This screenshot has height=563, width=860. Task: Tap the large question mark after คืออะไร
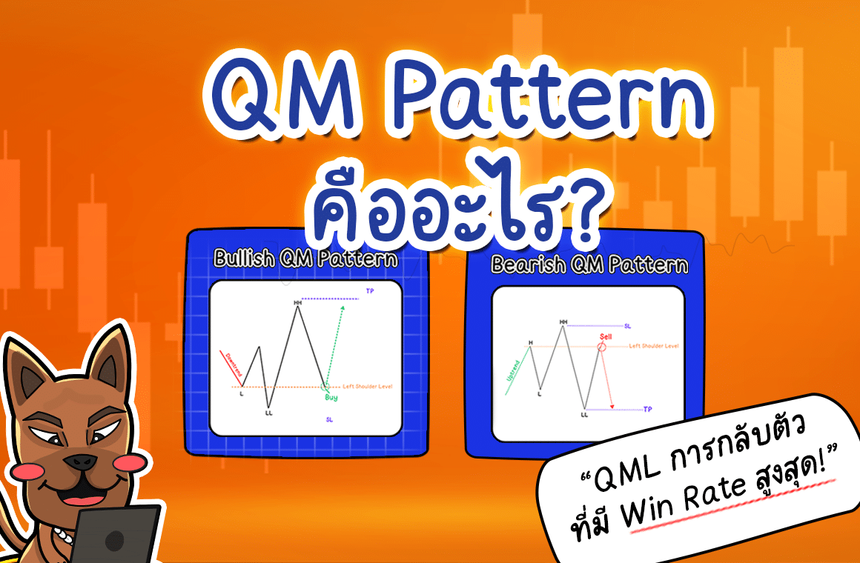[577, 215]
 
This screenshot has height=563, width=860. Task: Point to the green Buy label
[331, 398]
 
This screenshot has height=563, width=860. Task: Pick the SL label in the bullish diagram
[328, 419]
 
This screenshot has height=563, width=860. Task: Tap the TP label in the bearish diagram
[647, 409]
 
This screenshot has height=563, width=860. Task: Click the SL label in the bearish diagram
[628, 325]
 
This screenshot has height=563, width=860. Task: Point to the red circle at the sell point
[602, 346]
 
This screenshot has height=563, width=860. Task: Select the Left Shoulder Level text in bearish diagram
[653, 346]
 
